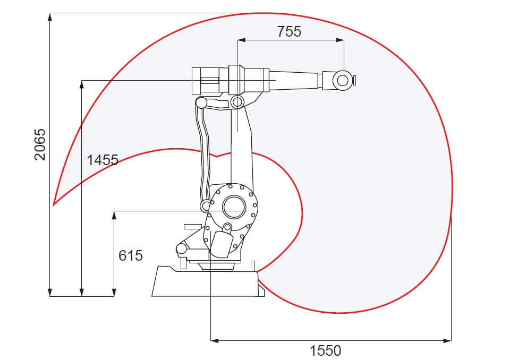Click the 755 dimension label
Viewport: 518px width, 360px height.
289,31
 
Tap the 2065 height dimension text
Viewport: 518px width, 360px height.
40,144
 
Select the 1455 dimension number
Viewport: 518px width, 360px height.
103,160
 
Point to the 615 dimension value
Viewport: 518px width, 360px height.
131,255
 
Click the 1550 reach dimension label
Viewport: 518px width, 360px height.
325,350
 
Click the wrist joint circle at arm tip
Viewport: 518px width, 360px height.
343,80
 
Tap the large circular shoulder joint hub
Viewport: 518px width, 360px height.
234,207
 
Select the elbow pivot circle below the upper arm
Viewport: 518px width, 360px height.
237,102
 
